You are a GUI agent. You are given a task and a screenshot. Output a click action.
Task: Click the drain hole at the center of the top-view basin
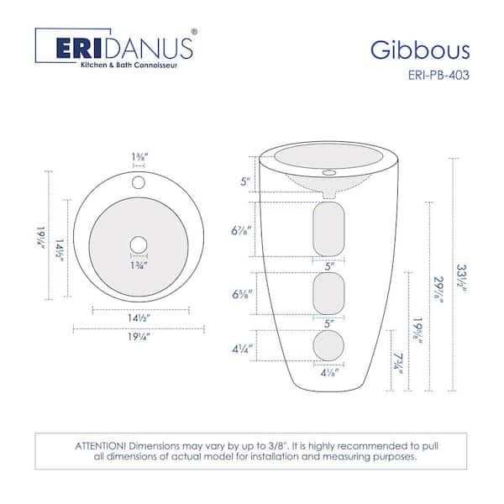click(x=139, y=244)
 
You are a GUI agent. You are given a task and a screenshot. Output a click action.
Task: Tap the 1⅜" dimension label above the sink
click(x=139, y=155)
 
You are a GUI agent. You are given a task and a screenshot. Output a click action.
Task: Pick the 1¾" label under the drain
click(x=139, y=265)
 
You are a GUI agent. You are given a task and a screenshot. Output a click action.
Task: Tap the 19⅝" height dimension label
click(x=417, y=333)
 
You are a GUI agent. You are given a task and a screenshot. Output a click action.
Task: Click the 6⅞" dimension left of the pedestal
click(x=242, y=230)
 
